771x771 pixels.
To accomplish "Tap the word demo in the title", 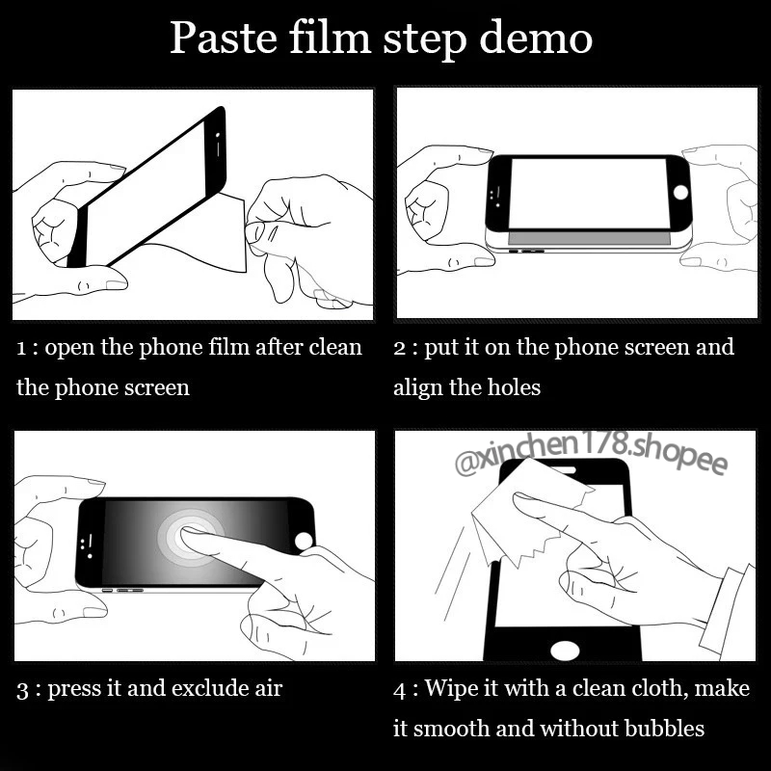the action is point(536,39).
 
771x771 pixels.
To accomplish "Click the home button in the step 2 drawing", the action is point(680,192).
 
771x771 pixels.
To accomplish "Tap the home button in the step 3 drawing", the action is point(304,541).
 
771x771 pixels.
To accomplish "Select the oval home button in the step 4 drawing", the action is point(565,650).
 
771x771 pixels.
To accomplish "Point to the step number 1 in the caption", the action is point(20,349).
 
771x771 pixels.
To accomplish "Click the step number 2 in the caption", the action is point(399,349).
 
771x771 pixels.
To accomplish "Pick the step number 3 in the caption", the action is point(22,690).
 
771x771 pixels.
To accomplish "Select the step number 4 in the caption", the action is point(400,690).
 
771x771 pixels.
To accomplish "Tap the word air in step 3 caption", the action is point(269,688).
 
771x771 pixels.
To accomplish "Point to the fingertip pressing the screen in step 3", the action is point(189,535).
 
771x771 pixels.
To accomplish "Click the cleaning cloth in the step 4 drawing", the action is point(526,512).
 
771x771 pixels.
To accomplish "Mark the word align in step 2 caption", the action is point(417,388).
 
